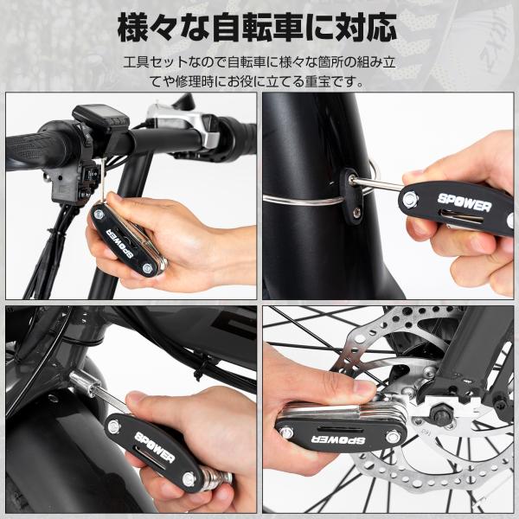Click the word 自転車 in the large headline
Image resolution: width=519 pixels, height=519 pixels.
[x=257, y=27]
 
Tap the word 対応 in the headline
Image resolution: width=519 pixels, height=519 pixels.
[x=367, y=27]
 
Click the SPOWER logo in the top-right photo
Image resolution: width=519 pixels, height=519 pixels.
[x=464, y=203]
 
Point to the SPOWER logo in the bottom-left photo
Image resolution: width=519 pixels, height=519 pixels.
[x=154, y=448]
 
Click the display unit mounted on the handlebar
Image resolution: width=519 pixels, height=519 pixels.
[x=100, y=118]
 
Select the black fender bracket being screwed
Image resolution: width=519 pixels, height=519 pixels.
[x=352, y=196]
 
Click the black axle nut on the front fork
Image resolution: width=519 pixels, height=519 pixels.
[x=439, y=413]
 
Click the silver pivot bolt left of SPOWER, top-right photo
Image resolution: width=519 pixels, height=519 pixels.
[x=410, y=199]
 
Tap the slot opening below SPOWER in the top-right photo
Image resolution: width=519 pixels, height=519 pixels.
[x=464, y=217]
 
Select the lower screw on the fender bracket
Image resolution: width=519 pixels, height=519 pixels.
[x=356, y=212]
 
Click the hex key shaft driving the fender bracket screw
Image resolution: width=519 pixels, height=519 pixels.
[x=376, y=184]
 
